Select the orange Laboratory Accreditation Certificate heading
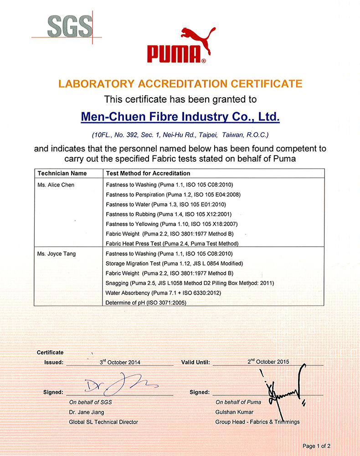click(x=180, y=83)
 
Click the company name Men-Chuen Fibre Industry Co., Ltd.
click(x=180, y=117)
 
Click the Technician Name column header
click(x=62, y=173)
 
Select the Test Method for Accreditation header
click(x=148, y=173)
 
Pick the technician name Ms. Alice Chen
click(x=56, y=185)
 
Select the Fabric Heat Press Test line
click(x=172, y=244)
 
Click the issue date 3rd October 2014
click(x=120, y=362)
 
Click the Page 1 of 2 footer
click(x=317, y=446)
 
